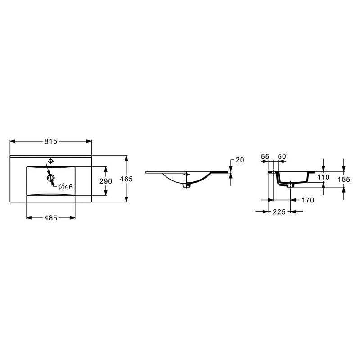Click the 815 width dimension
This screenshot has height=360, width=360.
[x=51, y=141]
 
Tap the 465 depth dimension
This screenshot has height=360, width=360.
[x=126, y=179]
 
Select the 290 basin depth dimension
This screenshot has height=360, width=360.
[x=106, y=181]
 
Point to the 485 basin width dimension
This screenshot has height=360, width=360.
[x=51, y=218]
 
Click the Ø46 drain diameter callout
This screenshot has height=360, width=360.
[x=66, y=187]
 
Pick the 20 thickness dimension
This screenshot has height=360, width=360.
[x=240, y=160]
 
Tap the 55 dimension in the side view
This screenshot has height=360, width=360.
[x=265, y=157]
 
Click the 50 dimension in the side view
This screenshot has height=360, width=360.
[x=282, y=157]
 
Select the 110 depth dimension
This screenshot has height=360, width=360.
[x=324, y=177]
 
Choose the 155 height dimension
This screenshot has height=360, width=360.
[x=344, y=179]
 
